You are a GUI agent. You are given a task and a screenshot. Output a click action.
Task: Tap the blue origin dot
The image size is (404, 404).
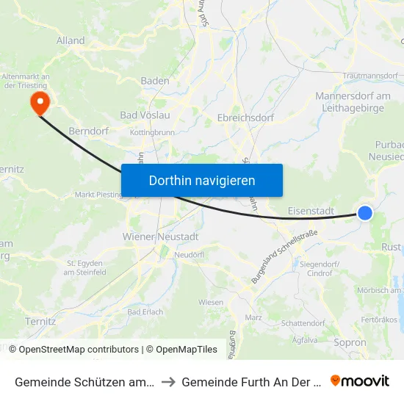(x=365, y=213)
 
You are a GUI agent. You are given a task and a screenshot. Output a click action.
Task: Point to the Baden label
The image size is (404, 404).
(x=155, y=81)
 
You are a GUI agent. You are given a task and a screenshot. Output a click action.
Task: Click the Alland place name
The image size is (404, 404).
(x=71, y=40)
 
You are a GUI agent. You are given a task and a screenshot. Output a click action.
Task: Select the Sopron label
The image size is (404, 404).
(x=350, y=342)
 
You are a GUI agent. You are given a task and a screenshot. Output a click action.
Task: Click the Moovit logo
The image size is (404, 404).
(x=360, y=380)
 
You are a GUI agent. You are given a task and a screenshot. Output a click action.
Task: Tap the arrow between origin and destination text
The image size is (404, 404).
(x=168, y=381)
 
